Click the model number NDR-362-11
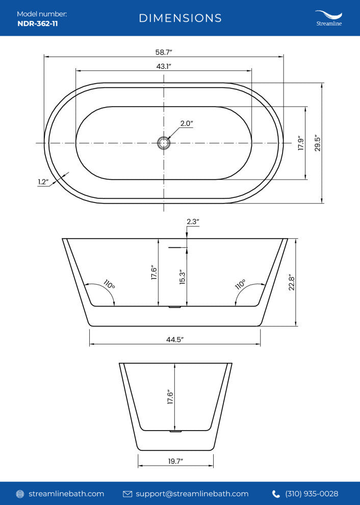tap(37, 23)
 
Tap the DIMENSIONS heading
tap(181, 18)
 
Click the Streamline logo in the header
tap(328, 18)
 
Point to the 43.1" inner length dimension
tap(164, 66)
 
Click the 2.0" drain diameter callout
tap(187, 123)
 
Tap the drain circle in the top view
tap(163, 143)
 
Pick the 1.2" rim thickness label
tap(43, 182)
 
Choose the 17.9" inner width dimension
tap(301, 143)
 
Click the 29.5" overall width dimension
tap(317, 144)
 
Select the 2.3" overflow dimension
tap(193, 222)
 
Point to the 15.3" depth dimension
tap(181, 277)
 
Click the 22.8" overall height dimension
tap(292, 282)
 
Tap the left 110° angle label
tap(109, 284)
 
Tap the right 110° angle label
tap(240, 284)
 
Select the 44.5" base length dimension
tap(174, 340)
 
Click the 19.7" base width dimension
tap(175, 461)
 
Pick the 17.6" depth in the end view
tap(170, 397)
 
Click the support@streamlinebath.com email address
tap(192, 494)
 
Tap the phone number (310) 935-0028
tap(312, 494)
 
